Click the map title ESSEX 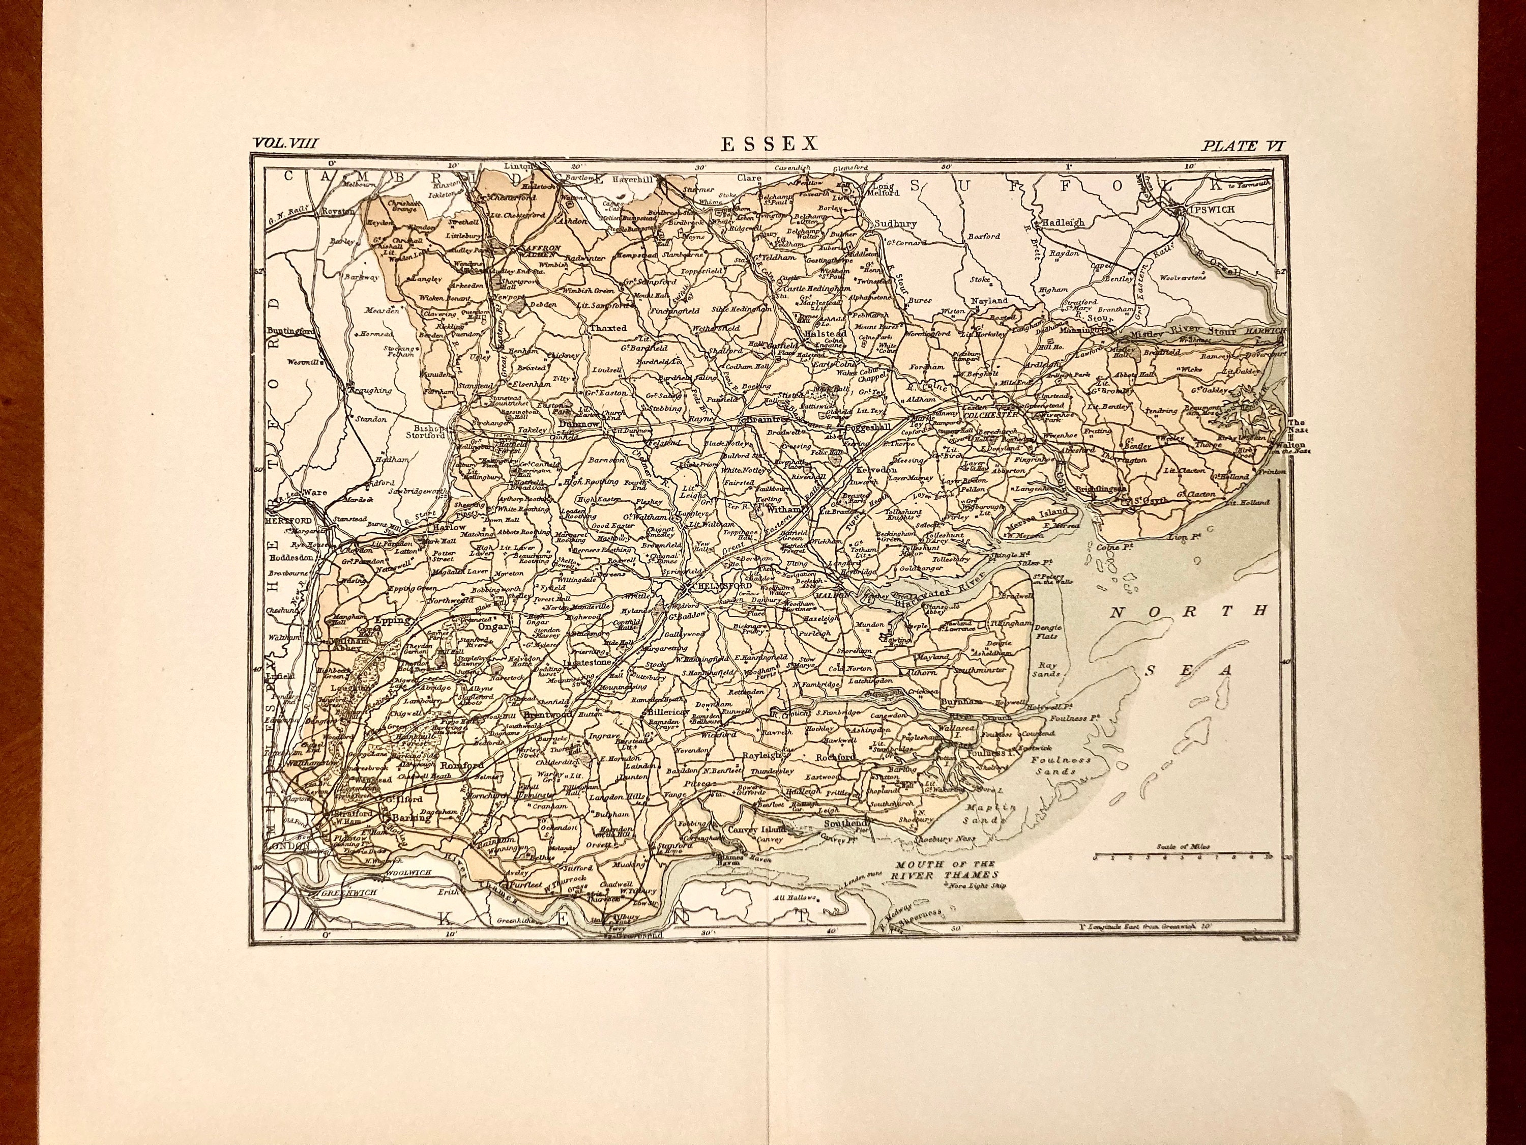pyautogui.click(x=769, y=144)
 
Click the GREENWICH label pyautogui.click(x=350, y=893)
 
